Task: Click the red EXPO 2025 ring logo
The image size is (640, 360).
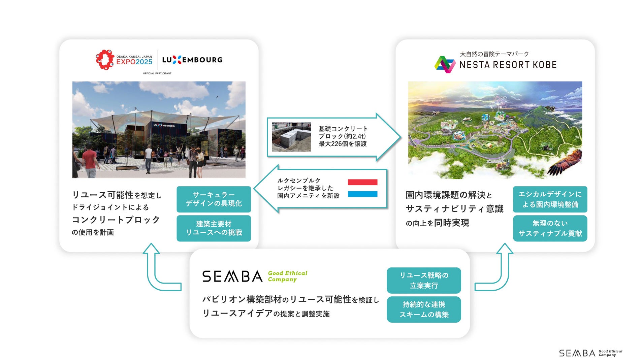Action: (105, 60)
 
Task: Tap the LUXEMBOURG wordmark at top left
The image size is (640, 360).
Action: (192, 60)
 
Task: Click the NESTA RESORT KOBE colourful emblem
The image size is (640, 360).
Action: (445, 64)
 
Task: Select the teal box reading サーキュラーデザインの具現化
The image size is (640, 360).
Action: (214, 199)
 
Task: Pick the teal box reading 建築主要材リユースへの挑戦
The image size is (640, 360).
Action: (214, 228)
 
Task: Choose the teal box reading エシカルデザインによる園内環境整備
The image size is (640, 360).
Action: (550, 199)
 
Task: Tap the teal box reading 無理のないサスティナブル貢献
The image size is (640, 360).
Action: (550, 228)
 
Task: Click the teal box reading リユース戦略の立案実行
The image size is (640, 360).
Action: (423, 280)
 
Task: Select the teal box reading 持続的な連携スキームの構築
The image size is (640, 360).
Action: (423, 309)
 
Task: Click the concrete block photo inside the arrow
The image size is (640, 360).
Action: (291, 137)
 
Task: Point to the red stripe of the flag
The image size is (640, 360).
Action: (362, 182)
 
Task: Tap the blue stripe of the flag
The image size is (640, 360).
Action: (362, 194)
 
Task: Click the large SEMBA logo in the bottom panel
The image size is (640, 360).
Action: (232, 276)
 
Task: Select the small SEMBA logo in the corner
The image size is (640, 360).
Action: (577, 353)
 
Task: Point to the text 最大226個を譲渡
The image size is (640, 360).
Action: (343, 144)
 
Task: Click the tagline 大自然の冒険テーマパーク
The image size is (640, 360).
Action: (494, 54)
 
